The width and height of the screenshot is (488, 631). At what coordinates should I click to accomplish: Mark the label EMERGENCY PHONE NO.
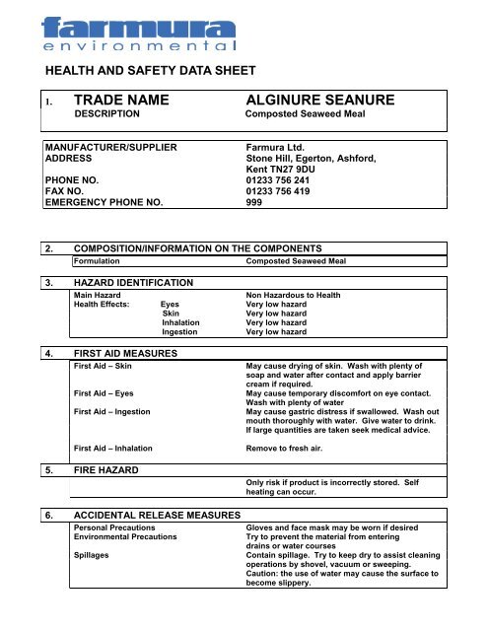[x=112, y=204]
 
